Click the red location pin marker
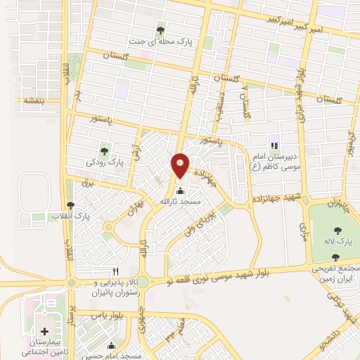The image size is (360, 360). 180,165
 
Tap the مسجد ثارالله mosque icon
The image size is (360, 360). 180,190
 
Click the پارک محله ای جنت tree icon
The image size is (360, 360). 161,30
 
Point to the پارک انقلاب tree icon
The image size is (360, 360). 70,204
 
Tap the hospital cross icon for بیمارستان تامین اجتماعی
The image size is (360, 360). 45,330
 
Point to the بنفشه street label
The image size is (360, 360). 34,101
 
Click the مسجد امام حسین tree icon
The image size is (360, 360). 110,345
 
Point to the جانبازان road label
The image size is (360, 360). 335,205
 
